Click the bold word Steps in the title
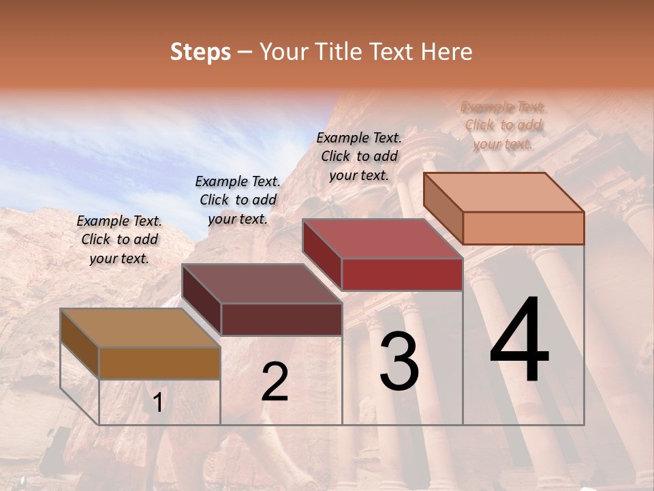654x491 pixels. (x=200, y=52)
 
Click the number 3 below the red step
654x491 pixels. (x=399, y=361)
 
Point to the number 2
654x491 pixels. (x=275, y=382)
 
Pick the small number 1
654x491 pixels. (x=157, y=403)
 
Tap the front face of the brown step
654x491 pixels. (x=159, y=363)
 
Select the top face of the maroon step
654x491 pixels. (x=262, y=284)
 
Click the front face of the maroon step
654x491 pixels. (x=281, y=319)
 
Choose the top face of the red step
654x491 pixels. (x=382, y=239)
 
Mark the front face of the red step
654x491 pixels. (x=402, y=274)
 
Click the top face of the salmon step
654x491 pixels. (x=503, y=192)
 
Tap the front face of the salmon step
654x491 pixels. (x=523, y=228)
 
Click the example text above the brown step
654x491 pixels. (x=119, y=239)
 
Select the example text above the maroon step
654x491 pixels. (x=238, y=200)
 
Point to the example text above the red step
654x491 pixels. (x=359, y=156)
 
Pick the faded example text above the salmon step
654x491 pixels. (x=503, y=125)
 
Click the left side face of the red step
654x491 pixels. (x=322, y=254)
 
